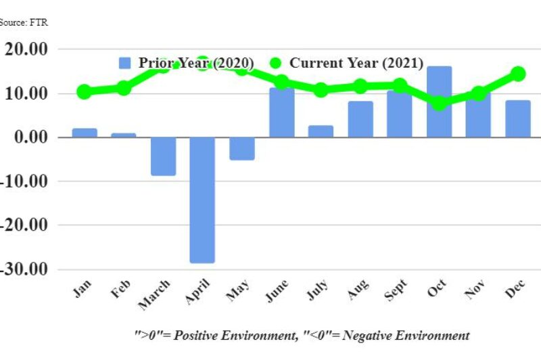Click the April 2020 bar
[x=202, y=200]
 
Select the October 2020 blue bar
[x=439, y=102]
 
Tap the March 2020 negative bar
[x=163, y=156]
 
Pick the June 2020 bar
[x=281, y=112]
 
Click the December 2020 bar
[x=518, y=118]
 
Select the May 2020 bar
[x=242, y=148]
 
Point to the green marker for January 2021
[x=85, y=91]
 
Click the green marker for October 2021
[x=439, y=103]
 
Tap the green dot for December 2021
[x=518, y=74]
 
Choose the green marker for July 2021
[x=321, y=90]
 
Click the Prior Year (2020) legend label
[x=196, y=63]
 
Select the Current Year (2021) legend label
[x=356, y=63]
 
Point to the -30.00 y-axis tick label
[x=26, y=269]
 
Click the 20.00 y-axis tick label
[x=27, y=49]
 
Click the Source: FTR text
[x=24, y=22]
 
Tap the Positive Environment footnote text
[x=301, y=335]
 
